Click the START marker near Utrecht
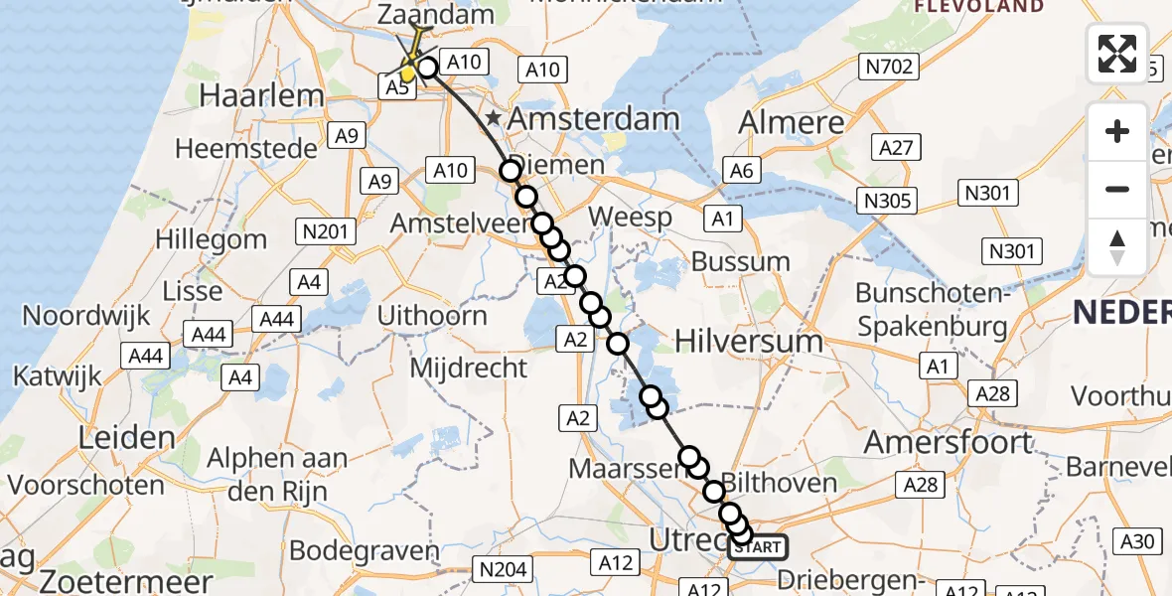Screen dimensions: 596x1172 759,546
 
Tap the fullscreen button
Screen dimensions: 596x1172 1117,54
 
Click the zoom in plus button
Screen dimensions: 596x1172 1117,131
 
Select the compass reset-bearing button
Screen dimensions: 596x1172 1117,247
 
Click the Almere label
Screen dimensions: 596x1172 793,122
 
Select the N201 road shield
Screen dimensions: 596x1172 325,232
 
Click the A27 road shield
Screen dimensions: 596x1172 897,148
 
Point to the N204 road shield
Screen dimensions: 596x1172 504,569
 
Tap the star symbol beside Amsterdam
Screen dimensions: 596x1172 494,119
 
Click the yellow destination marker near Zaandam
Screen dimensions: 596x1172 408,72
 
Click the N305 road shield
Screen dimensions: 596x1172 888,202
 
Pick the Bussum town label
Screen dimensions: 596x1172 740,263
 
